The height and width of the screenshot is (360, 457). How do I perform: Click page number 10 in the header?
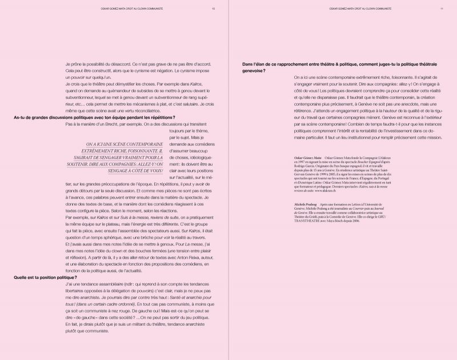(213, 9)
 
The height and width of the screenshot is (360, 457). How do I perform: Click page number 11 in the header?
(442, 9)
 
